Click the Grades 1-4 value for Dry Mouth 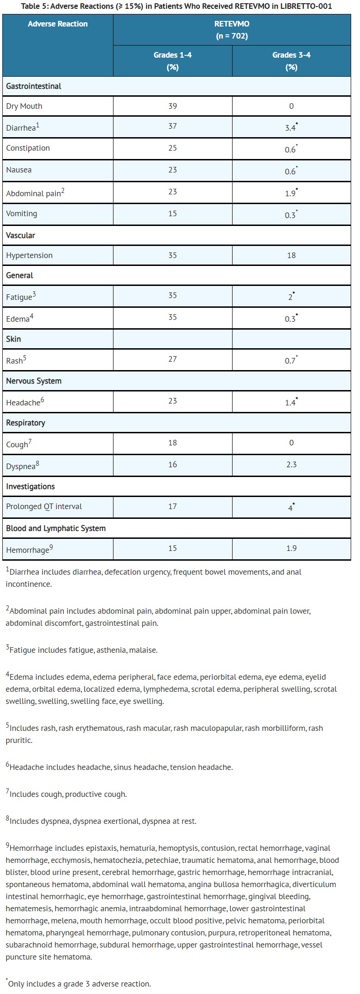173,106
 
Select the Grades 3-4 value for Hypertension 291,255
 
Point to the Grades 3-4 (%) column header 291,61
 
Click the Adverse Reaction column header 58,24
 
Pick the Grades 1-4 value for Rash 173,359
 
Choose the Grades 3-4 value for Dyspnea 291,464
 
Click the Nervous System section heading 33,381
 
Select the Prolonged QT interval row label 44,506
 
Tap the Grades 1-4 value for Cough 173,443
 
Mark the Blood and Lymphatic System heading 56,528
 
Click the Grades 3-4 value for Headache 291,403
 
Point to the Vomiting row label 21,213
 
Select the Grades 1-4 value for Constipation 173,148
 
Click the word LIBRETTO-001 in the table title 309,7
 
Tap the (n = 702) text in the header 232,36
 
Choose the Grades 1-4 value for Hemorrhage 173,548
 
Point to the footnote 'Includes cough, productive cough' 67,794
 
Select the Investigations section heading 30,486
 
